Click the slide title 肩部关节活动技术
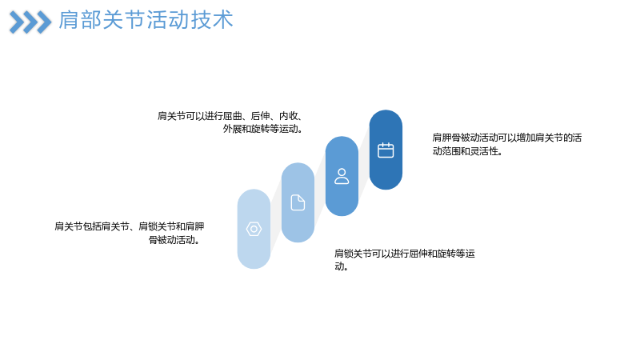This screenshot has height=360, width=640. [146, 20]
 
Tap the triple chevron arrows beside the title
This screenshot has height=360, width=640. [30, 22]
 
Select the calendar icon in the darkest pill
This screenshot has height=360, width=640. [386, 150]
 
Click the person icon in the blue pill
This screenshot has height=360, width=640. [342, 176]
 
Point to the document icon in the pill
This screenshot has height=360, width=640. [298, 202]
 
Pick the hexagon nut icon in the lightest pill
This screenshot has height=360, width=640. [254, 229]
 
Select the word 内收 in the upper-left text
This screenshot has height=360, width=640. [288, 116]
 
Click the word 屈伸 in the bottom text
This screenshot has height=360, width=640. [418, 254]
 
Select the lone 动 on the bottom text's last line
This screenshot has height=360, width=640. [339, 267]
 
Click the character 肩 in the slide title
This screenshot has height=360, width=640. [69, 20]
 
